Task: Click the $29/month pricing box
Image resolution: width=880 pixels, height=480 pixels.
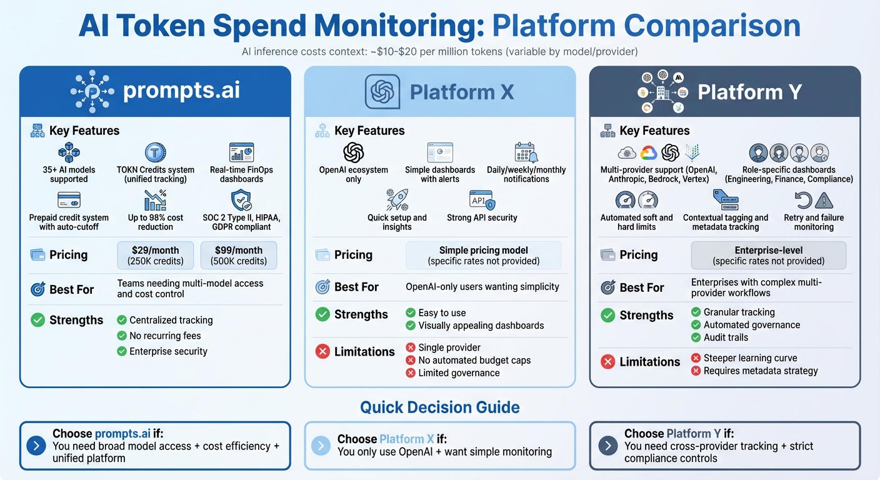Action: [156, 255]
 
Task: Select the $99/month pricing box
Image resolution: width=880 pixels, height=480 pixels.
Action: [238, 255]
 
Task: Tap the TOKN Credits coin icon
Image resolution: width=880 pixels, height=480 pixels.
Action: [155, 152]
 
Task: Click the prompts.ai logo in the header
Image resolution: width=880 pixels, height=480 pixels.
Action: [92, 91]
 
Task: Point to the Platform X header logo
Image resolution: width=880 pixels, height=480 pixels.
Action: [382, 92]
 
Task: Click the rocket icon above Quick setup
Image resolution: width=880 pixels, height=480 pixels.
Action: [397, 200]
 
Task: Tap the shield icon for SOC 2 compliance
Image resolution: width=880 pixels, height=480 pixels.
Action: [241, 200]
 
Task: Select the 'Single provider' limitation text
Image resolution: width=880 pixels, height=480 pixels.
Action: [449, 347]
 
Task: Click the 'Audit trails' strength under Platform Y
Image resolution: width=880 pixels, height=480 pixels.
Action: [726, 337]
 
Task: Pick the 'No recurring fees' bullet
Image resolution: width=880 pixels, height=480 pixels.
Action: [165, 336]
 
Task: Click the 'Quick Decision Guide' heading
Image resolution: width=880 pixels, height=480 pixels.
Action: [439, 407]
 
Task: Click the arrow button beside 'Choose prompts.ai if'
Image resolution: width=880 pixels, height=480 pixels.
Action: [36, 446]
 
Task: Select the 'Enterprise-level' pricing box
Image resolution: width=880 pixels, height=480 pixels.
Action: [768, 255]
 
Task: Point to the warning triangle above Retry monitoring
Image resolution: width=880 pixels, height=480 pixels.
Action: [824, 200]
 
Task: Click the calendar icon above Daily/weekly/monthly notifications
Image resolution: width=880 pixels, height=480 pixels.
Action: [526, 152]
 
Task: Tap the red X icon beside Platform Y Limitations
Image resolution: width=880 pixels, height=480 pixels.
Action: [607, 361]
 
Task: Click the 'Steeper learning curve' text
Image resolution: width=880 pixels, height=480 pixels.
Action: [750, 358]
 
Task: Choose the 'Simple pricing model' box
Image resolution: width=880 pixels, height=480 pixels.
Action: [484, 255]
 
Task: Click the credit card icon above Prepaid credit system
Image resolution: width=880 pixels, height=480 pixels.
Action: [69, 200]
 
